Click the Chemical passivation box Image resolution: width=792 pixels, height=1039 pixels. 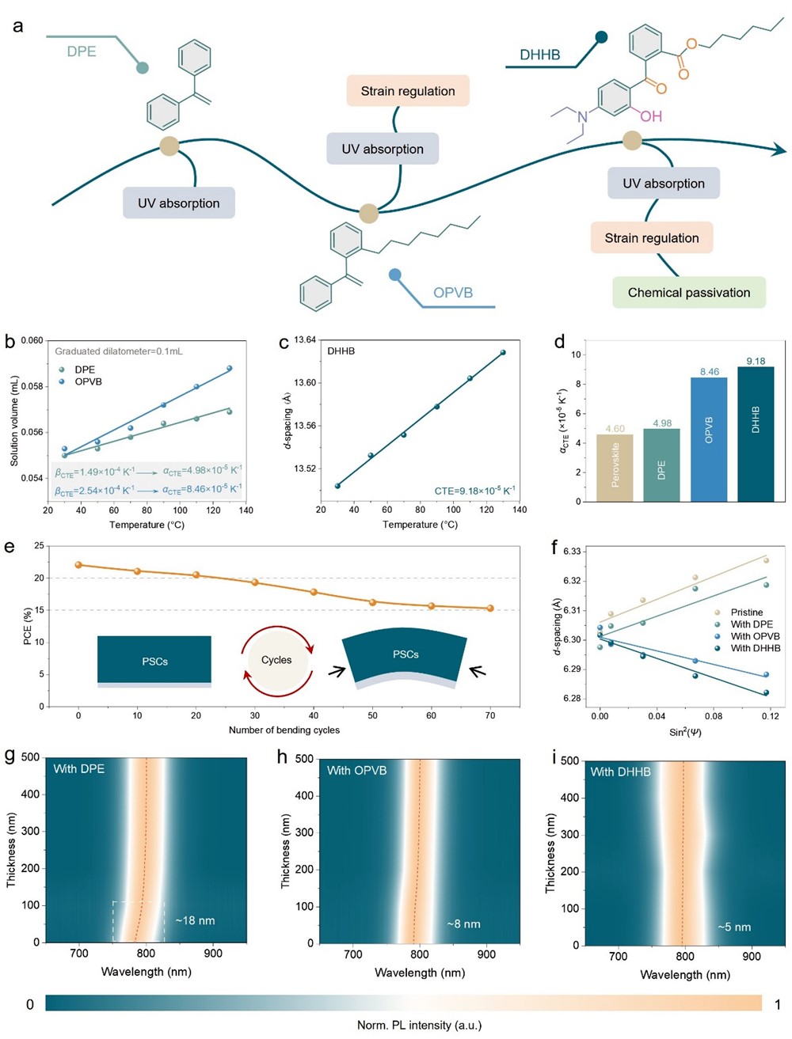tap(689, 292)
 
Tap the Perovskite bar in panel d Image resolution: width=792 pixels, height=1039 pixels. tap(615, 468)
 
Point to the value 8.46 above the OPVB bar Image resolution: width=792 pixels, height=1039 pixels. tap(709, 371)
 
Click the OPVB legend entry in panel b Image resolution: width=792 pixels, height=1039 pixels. tap(88, 381)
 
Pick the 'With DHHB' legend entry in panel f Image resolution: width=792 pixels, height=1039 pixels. tap(755, 648)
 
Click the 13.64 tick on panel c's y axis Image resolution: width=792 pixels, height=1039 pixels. tap(305, 340)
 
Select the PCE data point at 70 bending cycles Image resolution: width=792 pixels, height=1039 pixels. tap(490, 608)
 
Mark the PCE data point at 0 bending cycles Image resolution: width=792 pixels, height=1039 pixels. tap(78, 565)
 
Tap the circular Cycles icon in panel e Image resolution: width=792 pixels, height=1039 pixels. tap(276, 660)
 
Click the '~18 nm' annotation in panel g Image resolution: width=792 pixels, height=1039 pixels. tap(195, 920)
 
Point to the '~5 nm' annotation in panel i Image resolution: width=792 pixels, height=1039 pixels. tap(734, 927)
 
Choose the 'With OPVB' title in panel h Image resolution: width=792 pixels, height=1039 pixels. tap(356, 770)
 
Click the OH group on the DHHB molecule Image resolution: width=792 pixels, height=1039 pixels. tap(651, 116)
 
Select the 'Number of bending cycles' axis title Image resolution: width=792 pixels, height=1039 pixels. tap(284, 730)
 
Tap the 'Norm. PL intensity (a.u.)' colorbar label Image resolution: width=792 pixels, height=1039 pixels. tap(419, 1025)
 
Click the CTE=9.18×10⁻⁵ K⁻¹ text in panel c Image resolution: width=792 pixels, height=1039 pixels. tap(474, 491)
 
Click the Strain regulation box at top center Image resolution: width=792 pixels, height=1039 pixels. tap(408, 91)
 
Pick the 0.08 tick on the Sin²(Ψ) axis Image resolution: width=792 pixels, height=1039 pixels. tap(714, 716)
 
